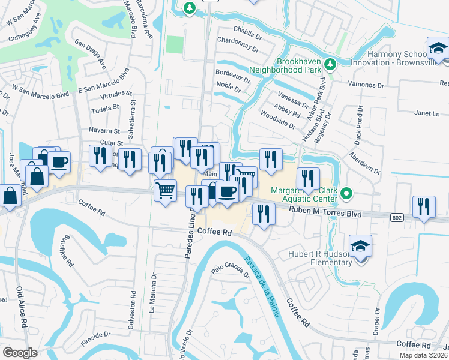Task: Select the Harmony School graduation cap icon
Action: [x=438, y=49]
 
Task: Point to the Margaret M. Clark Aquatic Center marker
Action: [x=346, y=194]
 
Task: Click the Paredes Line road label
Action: [x=191, y=231]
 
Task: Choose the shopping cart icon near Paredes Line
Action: [x=166, y=191]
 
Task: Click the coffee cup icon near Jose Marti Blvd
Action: [x=59, y=162]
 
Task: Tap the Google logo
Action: [x=20, y=353]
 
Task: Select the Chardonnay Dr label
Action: [x=238, y=47]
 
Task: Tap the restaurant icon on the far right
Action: [x=424, y=207]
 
